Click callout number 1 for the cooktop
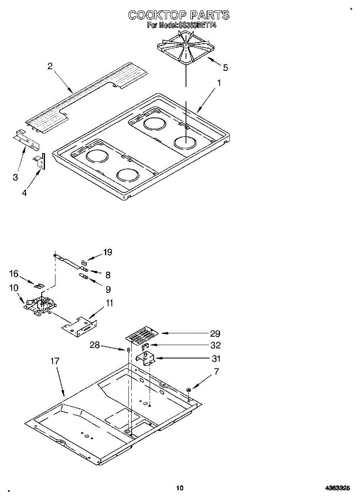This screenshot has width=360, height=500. point(218,83)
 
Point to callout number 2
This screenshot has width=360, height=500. point(50,66)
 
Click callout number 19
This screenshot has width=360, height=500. point(107,252)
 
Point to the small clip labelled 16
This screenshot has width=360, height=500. point(39,286)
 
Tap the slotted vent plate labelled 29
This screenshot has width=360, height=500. point(142,334)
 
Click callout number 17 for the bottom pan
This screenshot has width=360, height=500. point(55,361)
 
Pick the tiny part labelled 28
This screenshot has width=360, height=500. point(129,349)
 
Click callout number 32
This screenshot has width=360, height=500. point(216,345)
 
